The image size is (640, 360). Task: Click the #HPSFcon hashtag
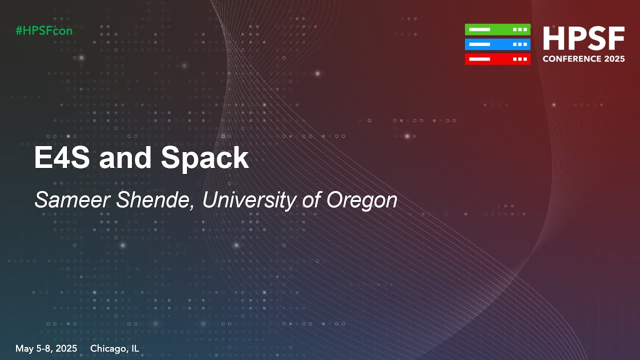click(44, 30)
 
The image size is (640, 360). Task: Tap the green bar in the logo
click(497, 29)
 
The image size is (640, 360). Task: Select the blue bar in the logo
click(497, 44)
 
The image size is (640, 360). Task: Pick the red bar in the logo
click(497, 59)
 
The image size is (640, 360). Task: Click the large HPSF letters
click(583, 39)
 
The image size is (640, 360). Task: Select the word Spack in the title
click(204, 158)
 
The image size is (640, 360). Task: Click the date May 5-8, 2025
click(46, 348)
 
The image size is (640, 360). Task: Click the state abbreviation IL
click(134, 348)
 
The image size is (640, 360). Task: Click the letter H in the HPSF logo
click(553, 39)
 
